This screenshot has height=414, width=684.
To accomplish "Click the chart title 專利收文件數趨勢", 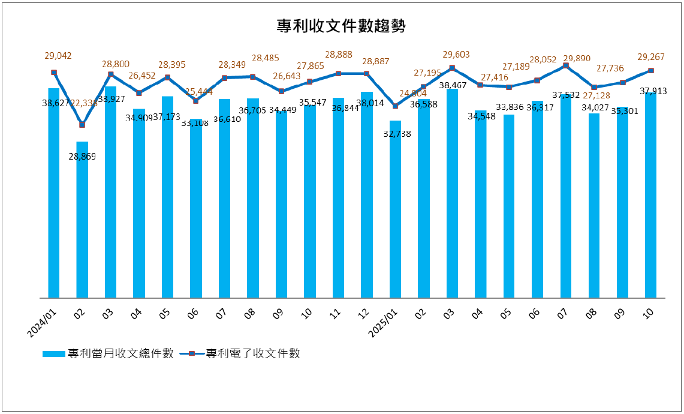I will coord(341,26).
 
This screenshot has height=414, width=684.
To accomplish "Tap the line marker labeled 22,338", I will coord(82,125).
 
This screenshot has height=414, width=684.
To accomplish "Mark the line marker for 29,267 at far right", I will coord(651,71).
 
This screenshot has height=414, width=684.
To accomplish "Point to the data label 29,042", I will coord(58,56).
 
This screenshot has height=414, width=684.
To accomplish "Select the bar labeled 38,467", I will coord(452,193).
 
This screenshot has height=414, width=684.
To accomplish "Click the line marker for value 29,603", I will coord(452,68).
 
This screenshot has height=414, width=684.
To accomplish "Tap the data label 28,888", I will coord(338,55).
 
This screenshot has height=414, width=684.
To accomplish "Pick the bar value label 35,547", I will coord(312,103).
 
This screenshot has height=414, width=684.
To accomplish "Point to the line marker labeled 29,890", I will coord(565,65).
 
